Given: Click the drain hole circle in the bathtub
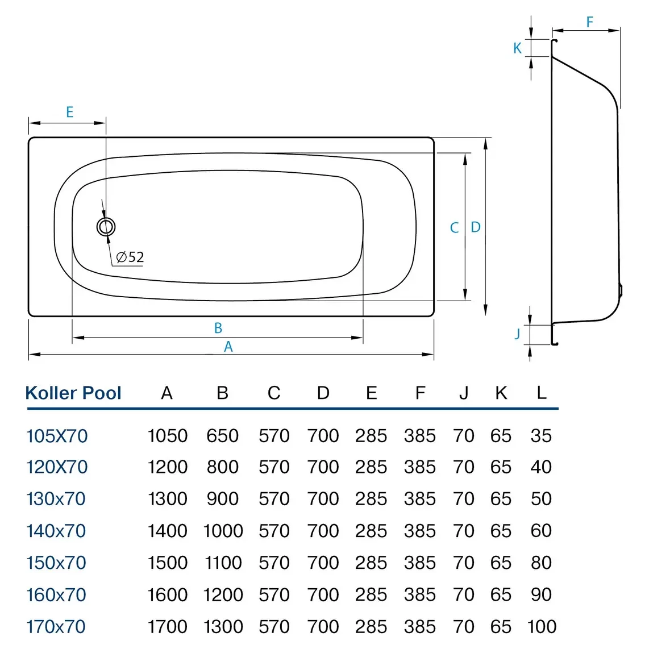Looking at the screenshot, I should [106, 227].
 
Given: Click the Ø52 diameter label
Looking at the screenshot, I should [130, 257].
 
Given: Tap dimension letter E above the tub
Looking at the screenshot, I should [70, 112].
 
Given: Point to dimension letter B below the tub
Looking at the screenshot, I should [218, 328].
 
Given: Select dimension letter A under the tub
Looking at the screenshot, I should [228, 347].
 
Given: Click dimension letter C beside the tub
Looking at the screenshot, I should [454, 228].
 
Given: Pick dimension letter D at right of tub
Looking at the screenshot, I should [476, 227].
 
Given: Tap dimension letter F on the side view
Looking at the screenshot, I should [589, 22].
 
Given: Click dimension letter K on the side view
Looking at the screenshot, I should [517, 48].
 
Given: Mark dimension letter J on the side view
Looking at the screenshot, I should [517, 334].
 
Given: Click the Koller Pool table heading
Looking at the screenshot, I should [73, 393].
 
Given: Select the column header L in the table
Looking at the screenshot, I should [541, 392].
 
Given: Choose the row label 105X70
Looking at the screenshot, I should [57, 436].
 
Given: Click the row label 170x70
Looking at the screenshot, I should [56, 627].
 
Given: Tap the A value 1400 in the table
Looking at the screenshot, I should [167, 531].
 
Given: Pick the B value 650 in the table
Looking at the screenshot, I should [222, 436].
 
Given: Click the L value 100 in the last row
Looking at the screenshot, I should [542, 627].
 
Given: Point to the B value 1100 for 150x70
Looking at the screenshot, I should [223, 563].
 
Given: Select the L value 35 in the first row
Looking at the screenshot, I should [541, 436].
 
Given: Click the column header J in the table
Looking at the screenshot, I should [464, 393].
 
